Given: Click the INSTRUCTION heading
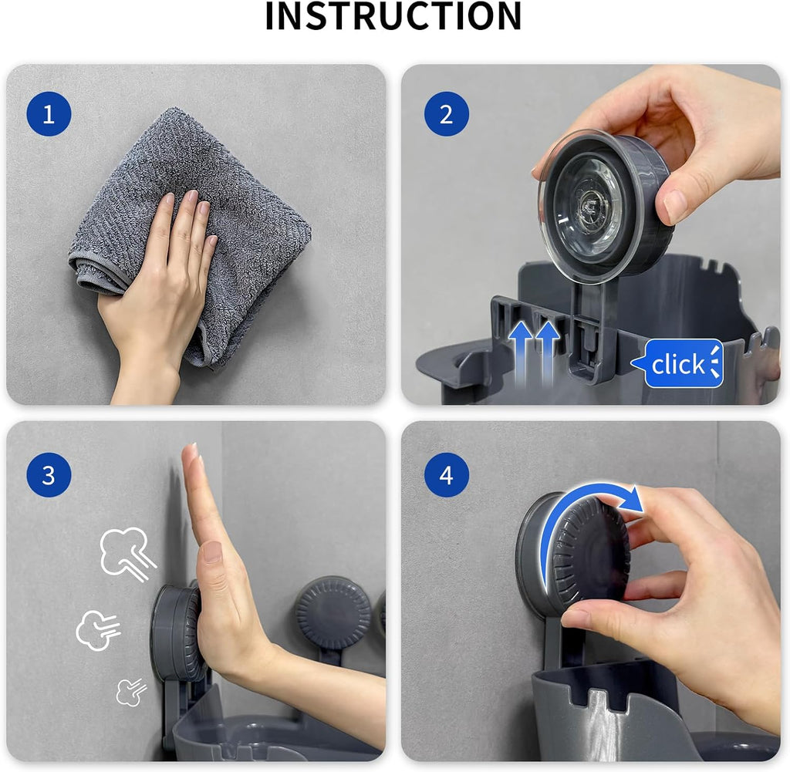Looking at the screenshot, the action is (x=393, y=16).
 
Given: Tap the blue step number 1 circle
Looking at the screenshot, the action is (x=49, y=114).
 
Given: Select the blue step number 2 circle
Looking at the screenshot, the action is (x=447, y=114).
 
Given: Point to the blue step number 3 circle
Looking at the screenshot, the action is (x=49, y=475).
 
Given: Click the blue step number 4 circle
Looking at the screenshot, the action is (x=447, y=475).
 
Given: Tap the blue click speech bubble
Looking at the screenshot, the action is (x=677, y=363).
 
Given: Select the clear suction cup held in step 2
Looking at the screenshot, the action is (x=605, y=204).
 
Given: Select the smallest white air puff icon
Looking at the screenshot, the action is (x=131, y=692).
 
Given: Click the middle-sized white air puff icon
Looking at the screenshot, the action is (x=98, y=629).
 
